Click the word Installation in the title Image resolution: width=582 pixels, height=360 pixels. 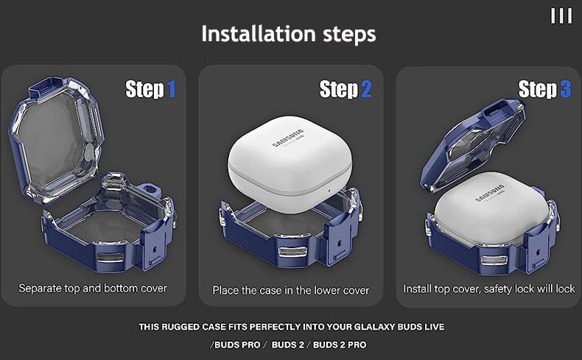[259, 34]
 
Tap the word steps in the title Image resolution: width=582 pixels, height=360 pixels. [349, 35]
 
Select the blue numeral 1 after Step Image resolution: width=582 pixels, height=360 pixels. [171, 90]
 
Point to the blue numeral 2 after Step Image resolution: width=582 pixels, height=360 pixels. [366, 90]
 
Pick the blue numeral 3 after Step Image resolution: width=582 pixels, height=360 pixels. [566, 89]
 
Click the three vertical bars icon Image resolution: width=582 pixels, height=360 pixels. [561, 16]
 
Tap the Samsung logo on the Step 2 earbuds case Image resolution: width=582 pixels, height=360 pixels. [288, 138]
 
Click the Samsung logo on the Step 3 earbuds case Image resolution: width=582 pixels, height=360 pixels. [491, 193]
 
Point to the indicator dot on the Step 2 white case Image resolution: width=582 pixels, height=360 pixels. [329, 191]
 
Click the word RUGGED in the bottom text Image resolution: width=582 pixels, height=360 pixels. [180, 327]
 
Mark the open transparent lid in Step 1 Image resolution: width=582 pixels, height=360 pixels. [56, 140]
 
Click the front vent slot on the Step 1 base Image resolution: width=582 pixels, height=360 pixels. [110, 258]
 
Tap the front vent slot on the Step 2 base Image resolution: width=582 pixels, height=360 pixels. [293, 252]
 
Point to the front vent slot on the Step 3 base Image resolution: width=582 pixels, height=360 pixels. [494, 261]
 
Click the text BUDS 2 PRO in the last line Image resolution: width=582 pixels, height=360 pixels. [340, 345]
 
